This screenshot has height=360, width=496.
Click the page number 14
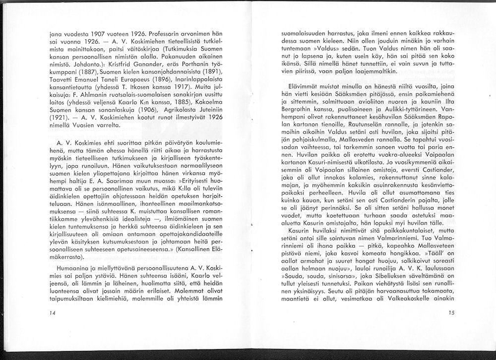tap(53, 313)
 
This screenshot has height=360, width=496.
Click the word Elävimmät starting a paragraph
tap(295, 86)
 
